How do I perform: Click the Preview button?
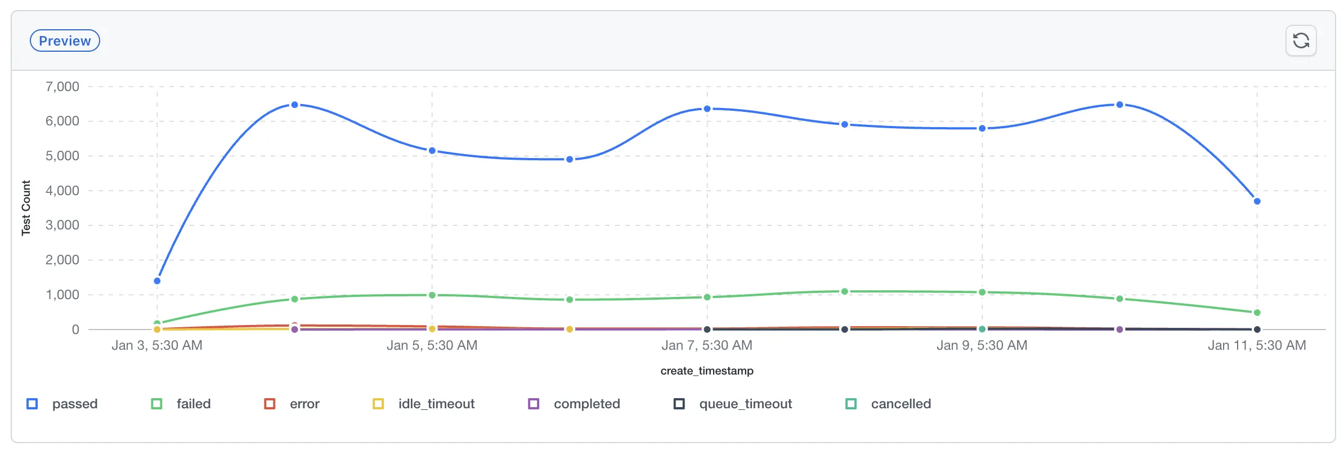pos(65,40)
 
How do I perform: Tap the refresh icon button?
pos(1301,40)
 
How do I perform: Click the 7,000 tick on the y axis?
pos(62,87)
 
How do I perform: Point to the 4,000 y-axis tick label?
pos(62,191)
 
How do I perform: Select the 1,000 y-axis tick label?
pos(62,295)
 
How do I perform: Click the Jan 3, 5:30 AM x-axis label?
pos(157,345)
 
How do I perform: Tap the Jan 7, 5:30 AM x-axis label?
pos(707,345)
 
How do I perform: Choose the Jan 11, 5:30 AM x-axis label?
pos(1257,345)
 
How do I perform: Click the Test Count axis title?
pos(26,208)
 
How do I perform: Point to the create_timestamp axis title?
pos(707,371)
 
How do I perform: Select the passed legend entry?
pos(62,404)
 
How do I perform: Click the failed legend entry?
pos(181,404)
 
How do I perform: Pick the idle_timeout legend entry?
pos(424,404)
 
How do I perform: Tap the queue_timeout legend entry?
pos(733,404)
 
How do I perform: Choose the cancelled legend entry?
pos(889,404)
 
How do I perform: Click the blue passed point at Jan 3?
pos(157,281)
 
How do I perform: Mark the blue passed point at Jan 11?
pos(1257,201)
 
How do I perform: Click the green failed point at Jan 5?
pos(432,295)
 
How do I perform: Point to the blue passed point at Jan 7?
pos(707,109)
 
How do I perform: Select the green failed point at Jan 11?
pos(1257,313)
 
